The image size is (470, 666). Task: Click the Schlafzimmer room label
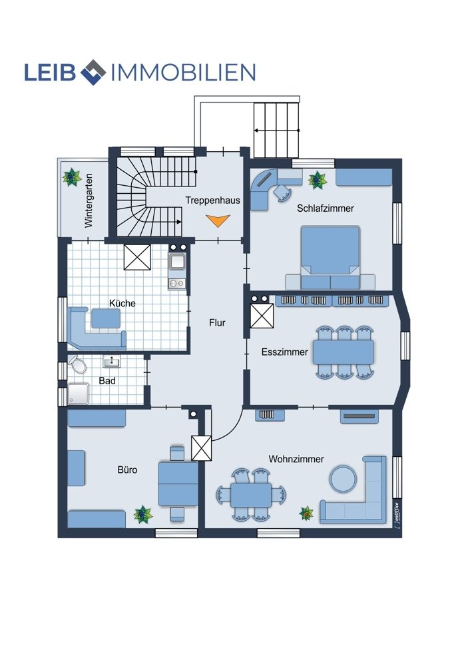(x=326, y=208)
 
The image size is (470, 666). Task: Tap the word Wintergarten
(x=89, y=200)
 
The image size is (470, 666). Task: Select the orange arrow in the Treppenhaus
(x=218, y=220)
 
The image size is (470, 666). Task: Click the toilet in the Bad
(x=77, y=364)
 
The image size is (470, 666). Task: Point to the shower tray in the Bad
(x=79, y=394)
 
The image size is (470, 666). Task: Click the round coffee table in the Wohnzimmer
(x=343, y=479)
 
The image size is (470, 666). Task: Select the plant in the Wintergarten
(x=72, y=177)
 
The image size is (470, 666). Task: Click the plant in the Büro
(x=143, y=514)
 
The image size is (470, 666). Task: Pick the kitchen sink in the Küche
(x=176, y=262)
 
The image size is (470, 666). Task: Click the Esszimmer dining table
(x=344, y=352)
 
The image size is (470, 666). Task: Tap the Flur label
(x=217, y=323)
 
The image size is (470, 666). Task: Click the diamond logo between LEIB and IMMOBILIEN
(x=93, y=72)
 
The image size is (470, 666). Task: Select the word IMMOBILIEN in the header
(x=183, y=73)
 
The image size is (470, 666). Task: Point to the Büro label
(x=127, y=470)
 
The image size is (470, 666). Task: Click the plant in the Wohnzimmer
(x=306, y=513)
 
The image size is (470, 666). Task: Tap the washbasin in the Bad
(x=112, y=362)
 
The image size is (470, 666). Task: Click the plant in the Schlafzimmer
(x=318, y=180)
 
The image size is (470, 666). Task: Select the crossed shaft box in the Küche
(x=137, y=257)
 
